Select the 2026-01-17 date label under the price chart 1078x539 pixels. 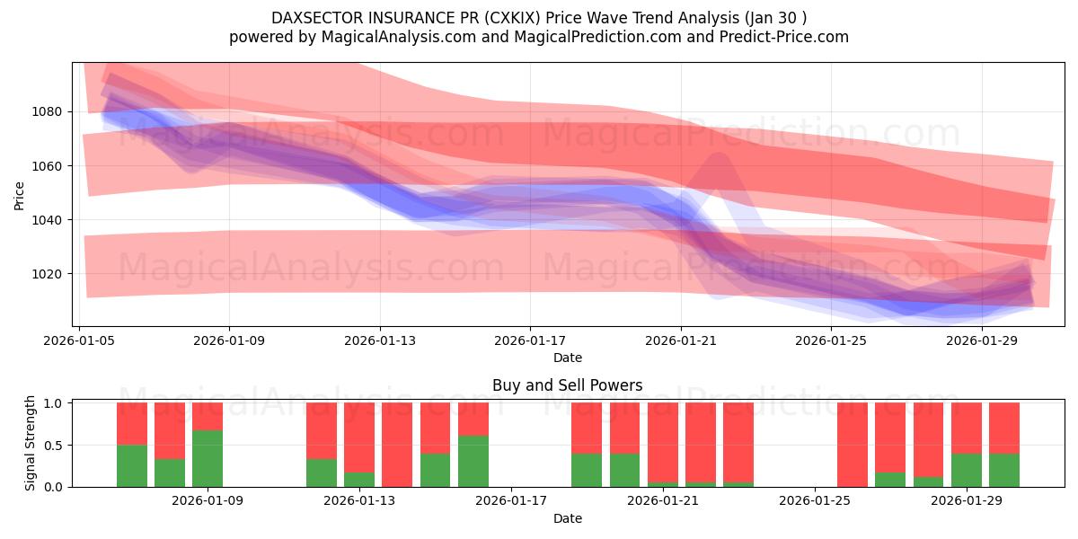click(x=529, y=341)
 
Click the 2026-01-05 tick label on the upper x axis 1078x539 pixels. click(x=80, y=341)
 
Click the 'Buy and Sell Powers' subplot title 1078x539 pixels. click(x=567, y=385)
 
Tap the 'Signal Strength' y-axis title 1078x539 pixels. click(x=31, y=444)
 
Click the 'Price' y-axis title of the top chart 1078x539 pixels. click(x=20, y=195)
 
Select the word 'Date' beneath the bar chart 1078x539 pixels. click(x=567, y=518)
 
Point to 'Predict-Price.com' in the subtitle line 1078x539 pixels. click(x=786, y=37)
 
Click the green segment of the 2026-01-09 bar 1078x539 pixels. click(x=208, y=458)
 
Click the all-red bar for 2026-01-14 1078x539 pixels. click(x=397, y=445)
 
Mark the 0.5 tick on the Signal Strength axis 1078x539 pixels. click(x=54, y=445)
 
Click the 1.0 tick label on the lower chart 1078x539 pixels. click(x=54, y=403)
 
